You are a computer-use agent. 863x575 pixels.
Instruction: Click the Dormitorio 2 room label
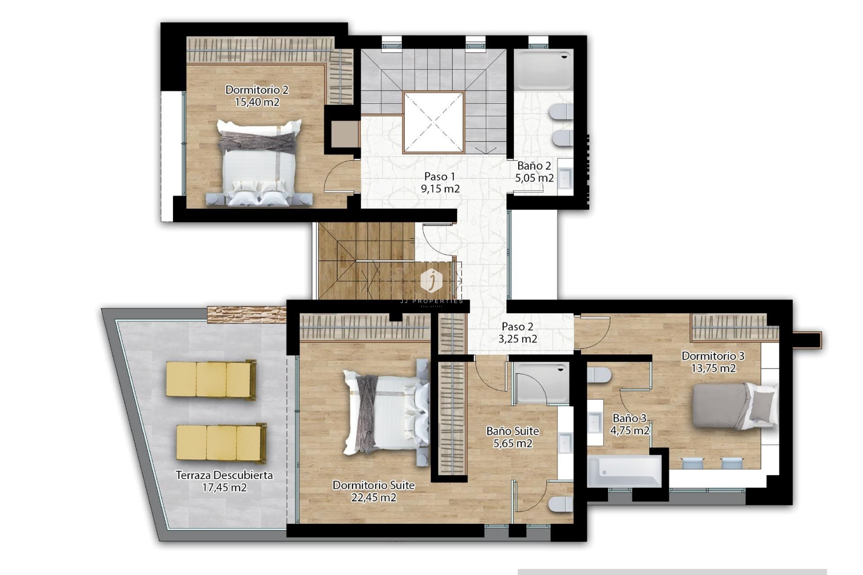click(x=257, y=90)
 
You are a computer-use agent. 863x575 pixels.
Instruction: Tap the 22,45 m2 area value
click(x=374, y=498)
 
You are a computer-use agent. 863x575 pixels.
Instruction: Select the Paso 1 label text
click(x=440, y=177)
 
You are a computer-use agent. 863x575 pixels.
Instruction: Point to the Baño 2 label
click(x=534, y=166)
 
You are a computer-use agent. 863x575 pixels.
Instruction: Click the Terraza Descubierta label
click(x=224, y=475)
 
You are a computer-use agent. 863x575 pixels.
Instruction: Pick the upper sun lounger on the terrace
click(x=211, y=379)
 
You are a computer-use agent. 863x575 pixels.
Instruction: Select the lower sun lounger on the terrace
click(x=221, y=443)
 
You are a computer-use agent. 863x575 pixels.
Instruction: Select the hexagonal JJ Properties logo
click(x=431, y=280)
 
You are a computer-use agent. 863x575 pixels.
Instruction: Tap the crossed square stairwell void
click(x=434, y=122)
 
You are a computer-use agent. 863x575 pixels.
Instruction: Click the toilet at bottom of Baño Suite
click(x=561, y=504)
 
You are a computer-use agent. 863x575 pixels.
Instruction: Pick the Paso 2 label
click(x=517, y=327)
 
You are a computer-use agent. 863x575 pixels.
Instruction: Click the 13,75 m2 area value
click(x=713, y=368)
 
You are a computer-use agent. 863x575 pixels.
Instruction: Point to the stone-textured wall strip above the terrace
click(x=246, y=314)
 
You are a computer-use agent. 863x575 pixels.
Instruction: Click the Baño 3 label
click(x=629, y=418)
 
